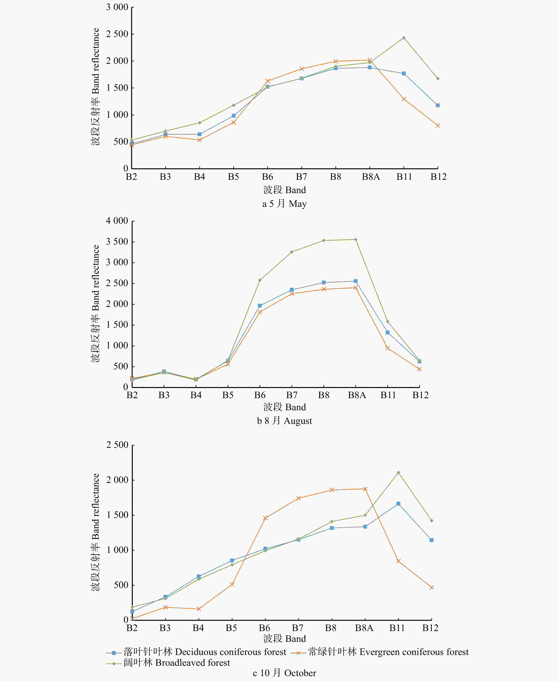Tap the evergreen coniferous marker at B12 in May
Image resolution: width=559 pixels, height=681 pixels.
438,126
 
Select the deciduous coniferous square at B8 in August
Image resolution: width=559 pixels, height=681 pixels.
324,282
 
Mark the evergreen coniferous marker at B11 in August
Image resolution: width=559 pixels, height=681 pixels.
387,348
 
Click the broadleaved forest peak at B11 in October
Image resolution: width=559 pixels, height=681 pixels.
398,472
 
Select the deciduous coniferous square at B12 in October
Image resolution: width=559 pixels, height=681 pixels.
432,540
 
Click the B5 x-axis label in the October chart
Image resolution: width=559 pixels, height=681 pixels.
231,628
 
